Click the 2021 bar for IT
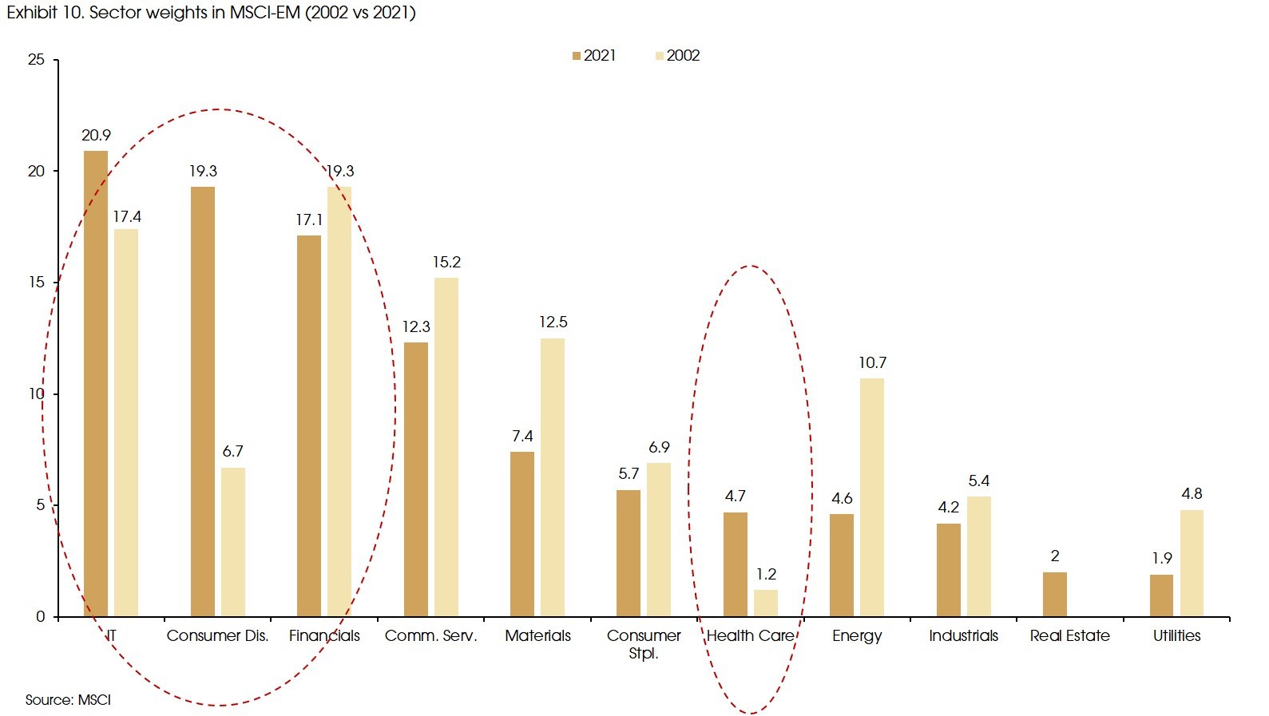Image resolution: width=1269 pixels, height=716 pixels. click(96, 383)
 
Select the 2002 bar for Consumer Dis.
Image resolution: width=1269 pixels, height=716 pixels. click(233, 542)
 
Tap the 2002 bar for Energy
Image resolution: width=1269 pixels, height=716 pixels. click(872, 497)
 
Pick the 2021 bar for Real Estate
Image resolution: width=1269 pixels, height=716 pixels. click(1054, 594)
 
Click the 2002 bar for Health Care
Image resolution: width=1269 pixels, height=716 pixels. click(766, 603)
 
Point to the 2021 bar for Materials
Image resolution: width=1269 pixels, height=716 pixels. click(522, 534)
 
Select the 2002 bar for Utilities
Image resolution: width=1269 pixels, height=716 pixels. click(1192, 563)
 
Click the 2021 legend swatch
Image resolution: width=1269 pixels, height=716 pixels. click(577, 56)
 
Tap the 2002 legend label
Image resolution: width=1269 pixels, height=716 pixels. click(683, 56)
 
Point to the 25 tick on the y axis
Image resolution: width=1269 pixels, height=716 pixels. click(36, 60)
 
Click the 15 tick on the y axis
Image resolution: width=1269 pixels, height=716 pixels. click(36, 283)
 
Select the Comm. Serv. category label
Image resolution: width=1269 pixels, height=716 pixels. click(430, 635)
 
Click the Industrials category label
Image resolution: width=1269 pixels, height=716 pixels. click(963, 635)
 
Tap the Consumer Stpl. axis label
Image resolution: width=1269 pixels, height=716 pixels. click(644, 643)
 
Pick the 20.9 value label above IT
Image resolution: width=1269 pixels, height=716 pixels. click(96, 136)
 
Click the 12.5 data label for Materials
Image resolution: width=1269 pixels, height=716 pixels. click(553, 322)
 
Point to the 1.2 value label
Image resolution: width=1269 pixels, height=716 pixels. click(766, 575)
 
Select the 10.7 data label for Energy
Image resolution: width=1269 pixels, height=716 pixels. click(872, 363)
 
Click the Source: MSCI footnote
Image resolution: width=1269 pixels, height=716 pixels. click(68, 700)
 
